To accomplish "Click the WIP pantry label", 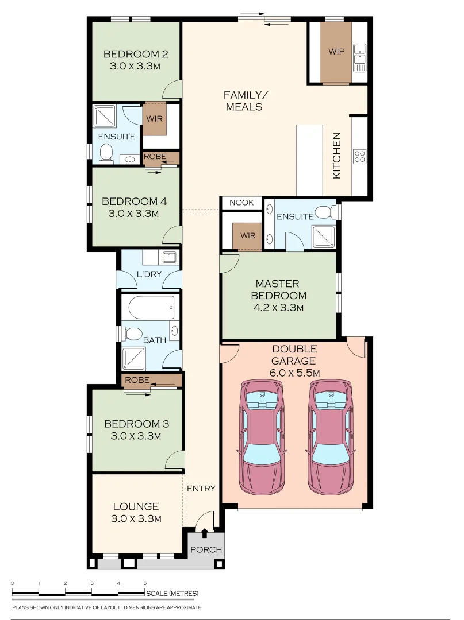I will (x=336, y=52).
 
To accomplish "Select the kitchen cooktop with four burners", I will (x=359, y=157).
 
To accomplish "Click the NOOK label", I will (x=241, y=203).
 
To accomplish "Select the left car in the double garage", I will (x=262, y=436).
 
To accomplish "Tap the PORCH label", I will (x=206, y=549).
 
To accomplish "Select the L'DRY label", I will (x=149, y=274).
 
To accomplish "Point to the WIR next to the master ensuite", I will (x=248, y=236).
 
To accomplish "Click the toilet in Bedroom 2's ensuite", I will (x=106, y=152).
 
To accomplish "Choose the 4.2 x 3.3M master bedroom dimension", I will (x=278, y=308).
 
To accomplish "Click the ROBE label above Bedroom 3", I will (x=137, y=380).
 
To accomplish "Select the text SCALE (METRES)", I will (x=172, y=593).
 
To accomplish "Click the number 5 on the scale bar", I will (x=145, y=583).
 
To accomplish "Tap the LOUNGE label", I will (x=136, y=506).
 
